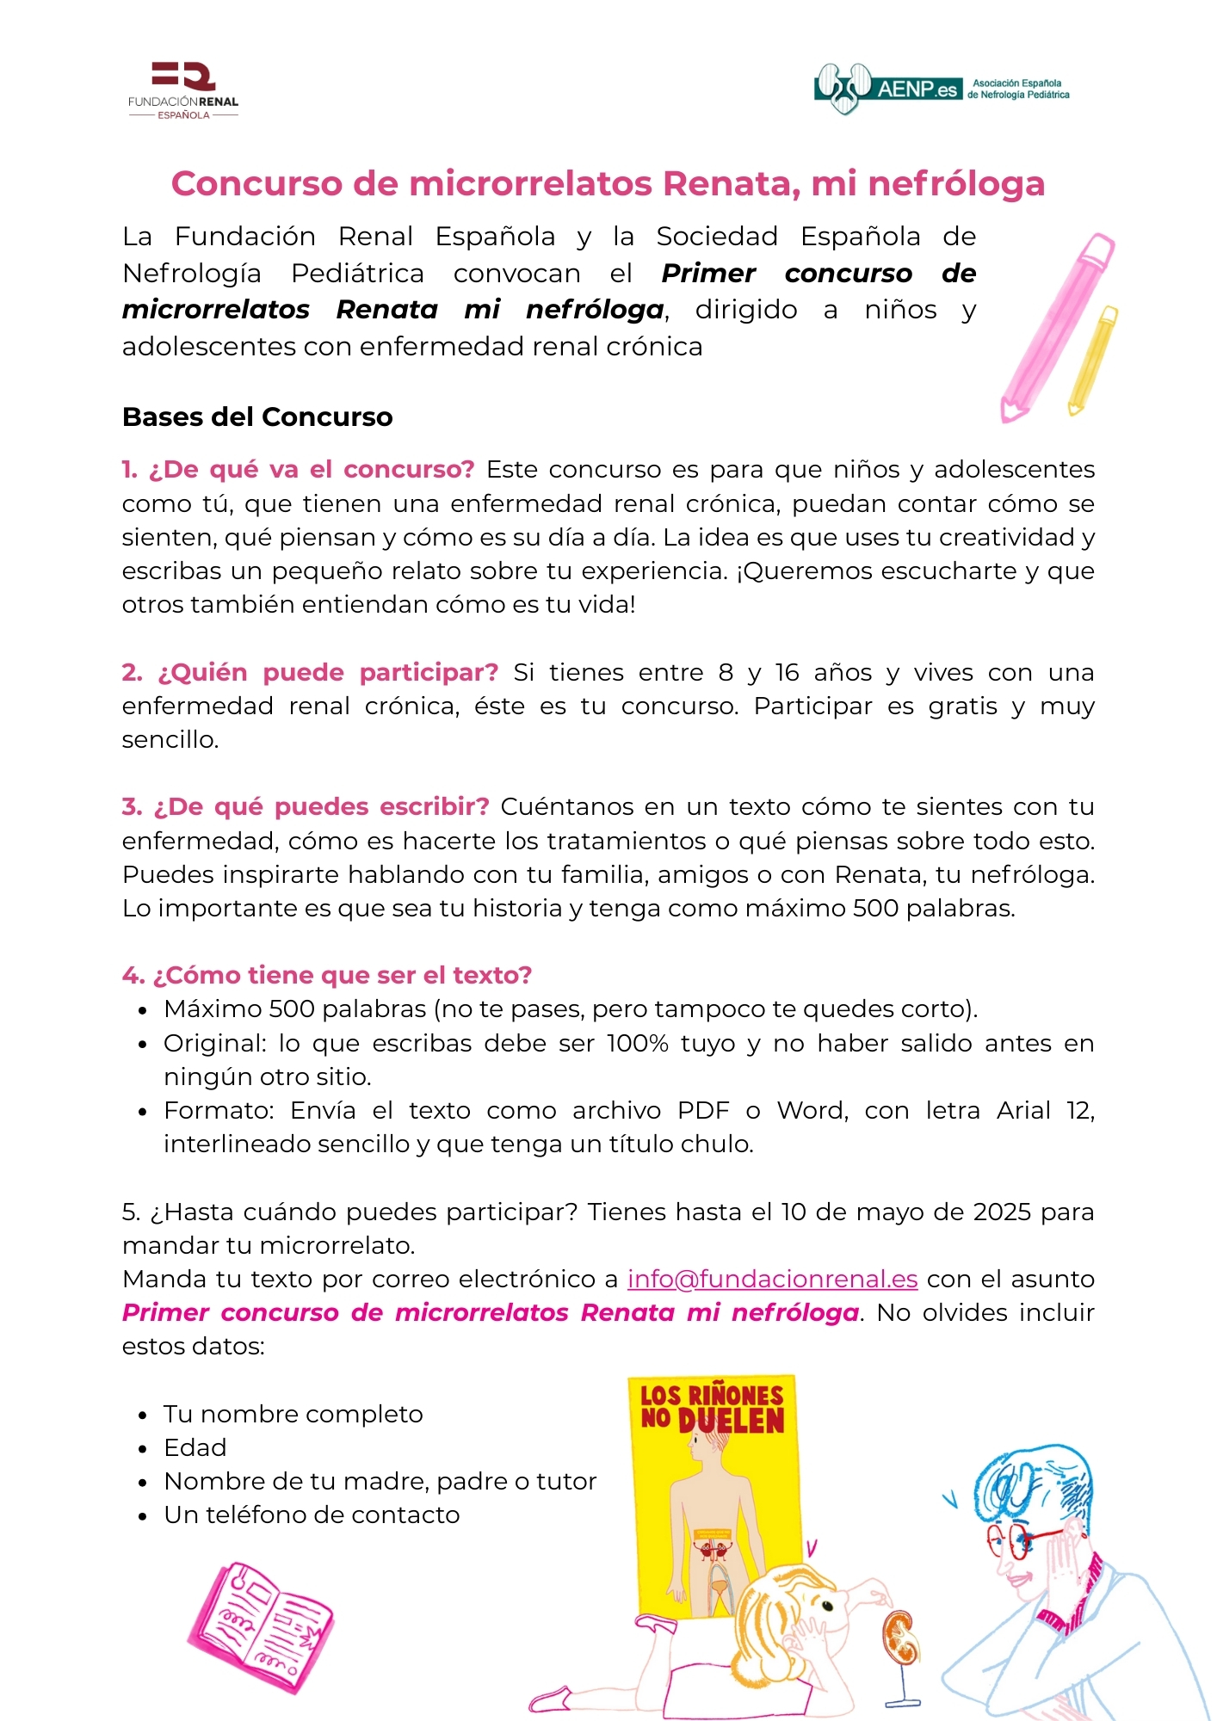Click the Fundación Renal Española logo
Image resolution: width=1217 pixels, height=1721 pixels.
pos(183,90)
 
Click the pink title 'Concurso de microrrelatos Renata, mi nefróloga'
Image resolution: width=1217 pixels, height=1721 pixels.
pos(608,184)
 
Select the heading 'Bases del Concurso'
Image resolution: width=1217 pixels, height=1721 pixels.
pos(257,417)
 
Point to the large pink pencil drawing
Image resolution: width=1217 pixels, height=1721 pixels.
pos(1057,327)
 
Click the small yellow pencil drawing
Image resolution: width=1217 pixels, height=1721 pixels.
pos(1093,360)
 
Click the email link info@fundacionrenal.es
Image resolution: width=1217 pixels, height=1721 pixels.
pos(772,1280)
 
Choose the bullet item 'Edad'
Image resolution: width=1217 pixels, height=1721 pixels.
pos(195,1448)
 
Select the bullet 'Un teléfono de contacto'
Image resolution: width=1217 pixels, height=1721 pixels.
pos(312,1515)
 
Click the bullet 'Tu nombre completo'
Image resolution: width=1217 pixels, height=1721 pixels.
pos(293,1415)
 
